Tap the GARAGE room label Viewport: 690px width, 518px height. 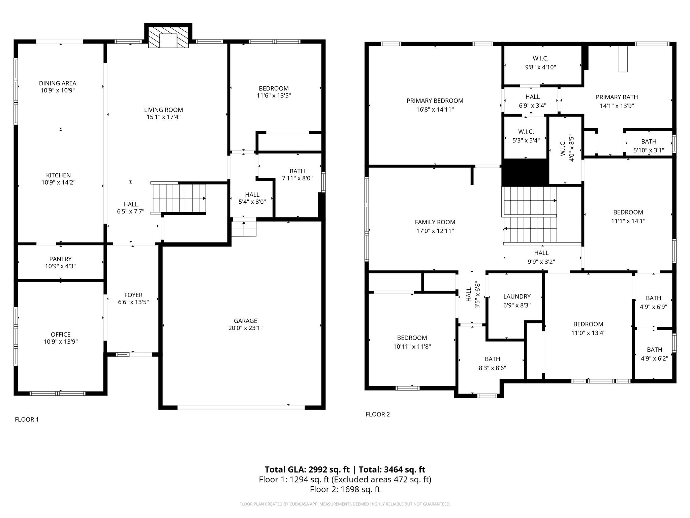click(245, 321)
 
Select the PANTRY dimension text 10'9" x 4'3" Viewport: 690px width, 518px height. click(60, 266)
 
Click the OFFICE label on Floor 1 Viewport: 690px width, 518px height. click(61, 334)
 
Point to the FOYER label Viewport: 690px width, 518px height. click(133, 295)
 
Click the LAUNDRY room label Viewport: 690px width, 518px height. click(517, 296)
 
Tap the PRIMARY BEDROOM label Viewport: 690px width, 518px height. click(435, 100)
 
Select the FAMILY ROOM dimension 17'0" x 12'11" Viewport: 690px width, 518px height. click(435, 231)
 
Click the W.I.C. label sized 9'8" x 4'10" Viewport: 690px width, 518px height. click(540, 67)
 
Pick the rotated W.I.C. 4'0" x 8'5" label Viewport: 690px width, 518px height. click(567, 148)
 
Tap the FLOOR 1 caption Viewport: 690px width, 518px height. click(27, 420)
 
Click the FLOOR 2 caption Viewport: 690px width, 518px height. click(378, 414)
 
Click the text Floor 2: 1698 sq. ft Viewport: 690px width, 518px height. click(345, 489)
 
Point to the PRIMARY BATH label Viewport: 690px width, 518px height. click(617, 97)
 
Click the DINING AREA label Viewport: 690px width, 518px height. click(58, 83)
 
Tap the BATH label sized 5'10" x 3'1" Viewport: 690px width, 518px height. click(649, 141)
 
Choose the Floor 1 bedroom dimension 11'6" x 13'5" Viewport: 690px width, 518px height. click(274, 95)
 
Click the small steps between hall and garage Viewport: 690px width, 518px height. click(244, 229)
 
